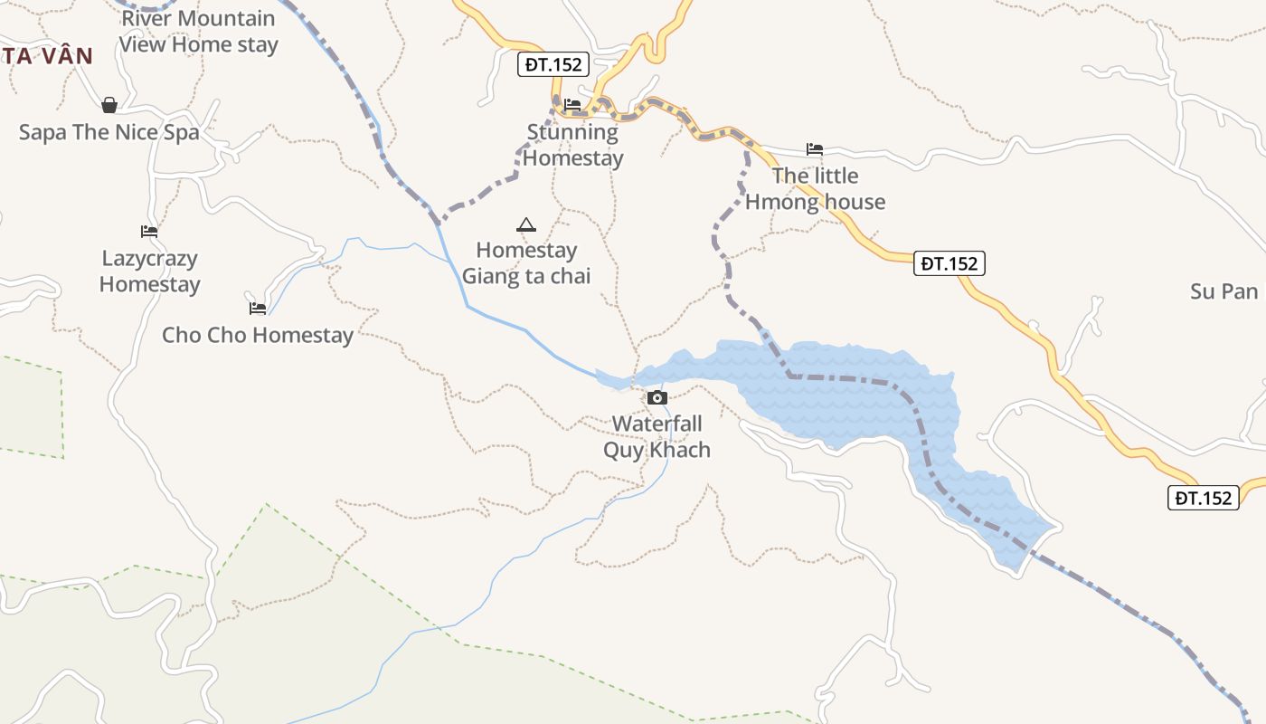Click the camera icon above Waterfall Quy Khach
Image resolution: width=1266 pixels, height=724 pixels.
tap(657, 397)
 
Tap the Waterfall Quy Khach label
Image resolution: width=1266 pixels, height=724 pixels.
tap(657, 436)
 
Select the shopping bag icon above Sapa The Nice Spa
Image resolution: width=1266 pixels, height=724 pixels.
tap(109, 106)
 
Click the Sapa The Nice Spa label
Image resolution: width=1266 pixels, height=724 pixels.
tap(109, 132)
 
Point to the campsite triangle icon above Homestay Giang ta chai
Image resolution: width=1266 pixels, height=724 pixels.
tap(525, 224)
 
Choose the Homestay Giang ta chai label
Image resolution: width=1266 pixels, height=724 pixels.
tap(526, 262)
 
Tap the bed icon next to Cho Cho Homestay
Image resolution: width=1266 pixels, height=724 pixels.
tap(258, 308)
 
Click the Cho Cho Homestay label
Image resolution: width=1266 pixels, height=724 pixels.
tap(258, 335)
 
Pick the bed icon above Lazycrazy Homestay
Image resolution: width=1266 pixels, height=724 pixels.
tap(149, 232)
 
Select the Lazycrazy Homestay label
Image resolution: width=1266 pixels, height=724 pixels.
tap(149, 271)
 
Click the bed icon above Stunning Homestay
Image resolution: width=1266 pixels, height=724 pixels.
tap(572, 105)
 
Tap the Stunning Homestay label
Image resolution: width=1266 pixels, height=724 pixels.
tap(573, 145)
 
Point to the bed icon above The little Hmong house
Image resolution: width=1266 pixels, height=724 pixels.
tap(815, 149)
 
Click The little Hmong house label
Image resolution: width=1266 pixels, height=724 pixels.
tap(815, 188)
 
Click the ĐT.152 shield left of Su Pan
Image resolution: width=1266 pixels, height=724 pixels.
tap(949, 263)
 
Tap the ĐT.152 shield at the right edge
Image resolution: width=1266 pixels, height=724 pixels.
tap(1204, 497)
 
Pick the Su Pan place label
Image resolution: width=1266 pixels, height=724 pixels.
tap(1223, 291)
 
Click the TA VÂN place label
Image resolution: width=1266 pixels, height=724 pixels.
tap(47, 56)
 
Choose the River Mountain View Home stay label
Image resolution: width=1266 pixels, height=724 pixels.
tap(198, 31)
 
